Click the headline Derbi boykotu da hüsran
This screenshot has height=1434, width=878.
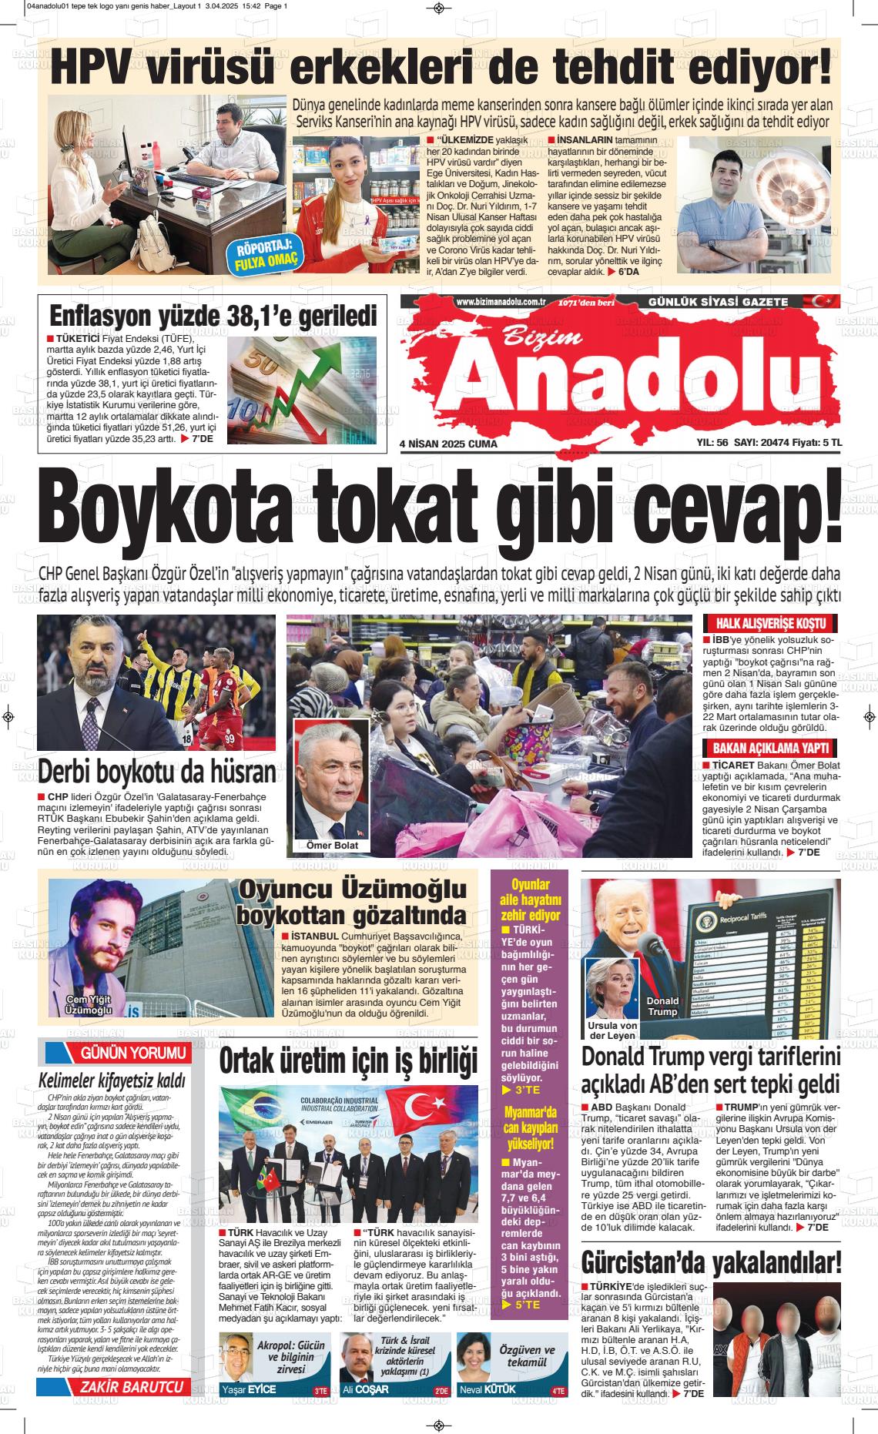156,771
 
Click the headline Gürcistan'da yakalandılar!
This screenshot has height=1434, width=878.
711,1264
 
